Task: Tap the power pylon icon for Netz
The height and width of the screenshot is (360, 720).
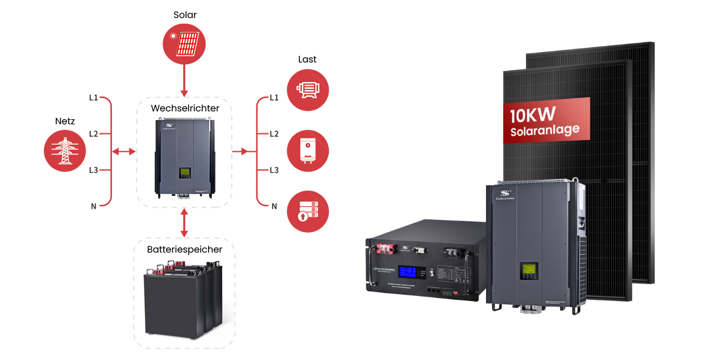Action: click(x=65, y=151)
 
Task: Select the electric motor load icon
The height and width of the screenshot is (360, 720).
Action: click(x=308, y=89)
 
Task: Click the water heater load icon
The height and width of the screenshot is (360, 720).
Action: click(x=308, y=151)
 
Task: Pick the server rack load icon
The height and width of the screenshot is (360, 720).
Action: click(x=308, y=212)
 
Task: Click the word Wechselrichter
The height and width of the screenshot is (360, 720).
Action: click(x=184, y=108)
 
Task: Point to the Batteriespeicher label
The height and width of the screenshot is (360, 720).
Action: click(x=184, y=249)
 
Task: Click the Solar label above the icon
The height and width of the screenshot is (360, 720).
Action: click(x=184, y=15)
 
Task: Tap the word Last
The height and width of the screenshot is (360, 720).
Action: click(x=307, y=60)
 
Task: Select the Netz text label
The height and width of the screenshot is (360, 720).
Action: click(x=65, y=121)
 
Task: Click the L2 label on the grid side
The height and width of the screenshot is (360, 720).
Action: click(x=93, y=134)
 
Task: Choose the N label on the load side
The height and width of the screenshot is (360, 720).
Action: click(x=274, y=206)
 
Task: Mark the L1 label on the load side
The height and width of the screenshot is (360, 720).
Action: click(x=274, y=98)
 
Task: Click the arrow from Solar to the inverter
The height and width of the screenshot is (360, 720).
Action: click(x=184, y=79)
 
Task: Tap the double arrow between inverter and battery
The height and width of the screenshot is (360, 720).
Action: click(x=184, y=223)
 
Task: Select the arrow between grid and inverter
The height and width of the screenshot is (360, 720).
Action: click(x=124, y=151)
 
